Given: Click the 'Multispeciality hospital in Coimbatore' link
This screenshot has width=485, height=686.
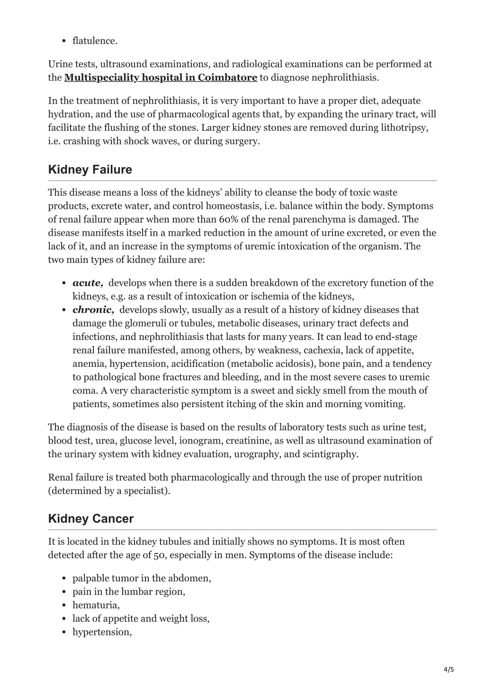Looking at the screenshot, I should pos(161,78).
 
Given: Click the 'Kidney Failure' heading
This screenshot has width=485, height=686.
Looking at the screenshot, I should pos(90,169).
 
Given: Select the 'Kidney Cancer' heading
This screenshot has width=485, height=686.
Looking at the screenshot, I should pos(91,518).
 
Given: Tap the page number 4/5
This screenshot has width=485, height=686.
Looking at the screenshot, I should pos(449,669).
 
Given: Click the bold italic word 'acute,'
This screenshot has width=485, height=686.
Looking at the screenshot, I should pos(88,283).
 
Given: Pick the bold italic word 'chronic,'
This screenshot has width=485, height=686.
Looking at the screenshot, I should pos(93,310).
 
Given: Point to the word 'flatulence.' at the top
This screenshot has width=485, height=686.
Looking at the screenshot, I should pos(95,41).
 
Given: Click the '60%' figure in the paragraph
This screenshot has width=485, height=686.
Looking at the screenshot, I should pos(229,220).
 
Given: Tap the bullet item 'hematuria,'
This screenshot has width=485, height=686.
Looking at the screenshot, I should pos(96,605).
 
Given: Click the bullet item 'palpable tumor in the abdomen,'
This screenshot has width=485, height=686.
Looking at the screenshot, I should pos(142,578).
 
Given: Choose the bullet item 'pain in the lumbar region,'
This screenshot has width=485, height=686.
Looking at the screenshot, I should pos(128,592).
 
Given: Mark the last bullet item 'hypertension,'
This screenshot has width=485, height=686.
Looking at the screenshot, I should pos(102,632).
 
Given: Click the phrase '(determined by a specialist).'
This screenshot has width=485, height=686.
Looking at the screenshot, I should pos(109,491).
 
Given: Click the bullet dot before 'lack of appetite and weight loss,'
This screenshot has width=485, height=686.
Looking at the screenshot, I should pos(63,619).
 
